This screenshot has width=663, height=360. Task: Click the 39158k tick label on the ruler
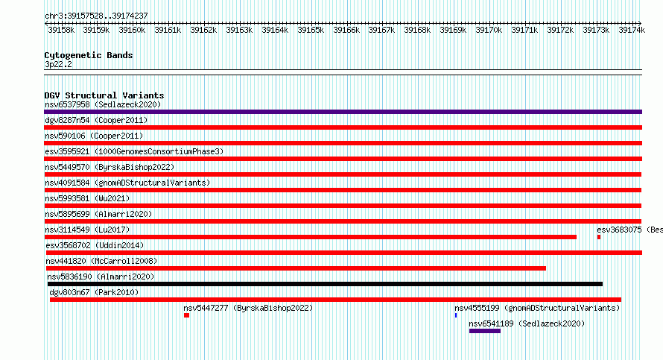click(61, 30)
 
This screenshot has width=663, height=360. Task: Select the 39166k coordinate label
click(346, 30)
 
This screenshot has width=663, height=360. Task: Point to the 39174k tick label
click(632, 30)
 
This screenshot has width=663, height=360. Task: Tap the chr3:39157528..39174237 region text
click(96, 16)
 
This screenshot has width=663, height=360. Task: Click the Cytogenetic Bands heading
click(89, 55)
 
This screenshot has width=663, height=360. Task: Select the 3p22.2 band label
click(58, 64)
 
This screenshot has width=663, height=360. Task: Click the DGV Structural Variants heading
click(104, 95)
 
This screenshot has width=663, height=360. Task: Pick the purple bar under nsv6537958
click(343, 112)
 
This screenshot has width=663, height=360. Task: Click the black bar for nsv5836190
click(325, 284)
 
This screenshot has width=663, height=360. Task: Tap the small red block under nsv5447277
click(186, 315)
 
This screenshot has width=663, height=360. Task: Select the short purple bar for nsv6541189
click(485, 331)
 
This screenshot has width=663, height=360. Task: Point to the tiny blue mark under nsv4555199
click(456, 315)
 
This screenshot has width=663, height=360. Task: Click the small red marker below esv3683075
click(599, 237)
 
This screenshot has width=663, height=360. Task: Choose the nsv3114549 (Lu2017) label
click(87, 230)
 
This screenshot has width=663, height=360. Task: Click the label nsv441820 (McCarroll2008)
click(101, 261)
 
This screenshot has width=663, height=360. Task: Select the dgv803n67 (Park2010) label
click(94, 292)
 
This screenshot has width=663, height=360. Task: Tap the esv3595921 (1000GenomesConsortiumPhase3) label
click(134, 151)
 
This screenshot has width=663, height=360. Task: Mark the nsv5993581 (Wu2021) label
click(87, 198)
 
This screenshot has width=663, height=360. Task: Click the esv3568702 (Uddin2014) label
click(95, 245)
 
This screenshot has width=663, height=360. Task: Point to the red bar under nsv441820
click(296, 268)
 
